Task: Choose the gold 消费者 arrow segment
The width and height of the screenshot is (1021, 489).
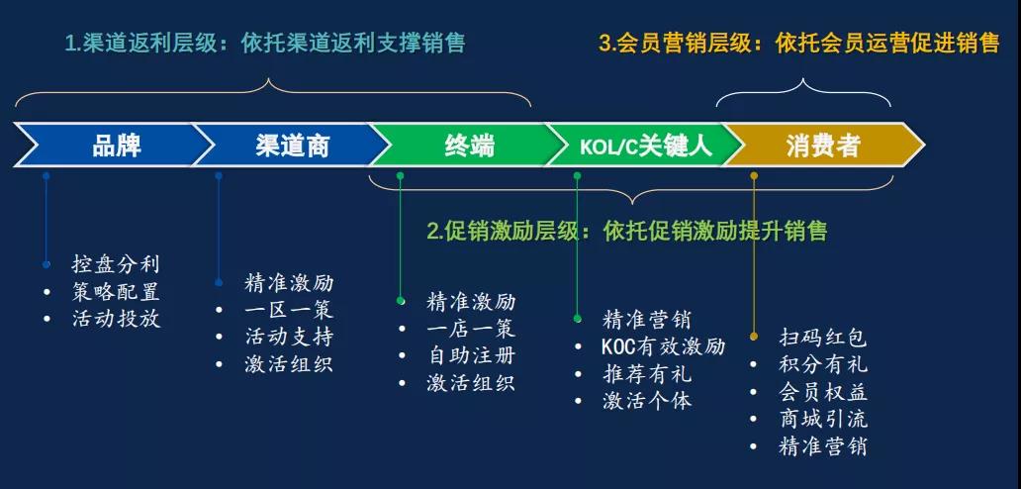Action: (824, 145)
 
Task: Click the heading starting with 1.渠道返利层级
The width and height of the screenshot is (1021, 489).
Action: (265, 43)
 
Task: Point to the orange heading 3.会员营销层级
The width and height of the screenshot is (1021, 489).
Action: (799, 43)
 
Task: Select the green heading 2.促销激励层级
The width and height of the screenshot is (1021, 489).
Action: (627, 231)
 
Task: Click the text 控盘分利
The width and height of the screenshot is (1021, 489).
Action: (115, 263)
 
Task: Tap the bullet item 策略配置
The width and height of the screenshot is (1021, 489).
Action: (115, 291)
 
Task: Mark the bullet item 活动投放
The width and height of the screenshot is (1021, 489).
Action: (115, 319)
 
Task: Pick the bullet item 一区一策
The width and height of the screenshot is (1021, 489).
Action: (289, 310)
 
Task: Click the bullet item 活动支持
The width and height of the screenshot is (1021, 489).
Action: (289, 337)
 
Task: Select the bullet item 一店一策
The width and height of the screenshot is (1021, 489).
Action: (471, 329)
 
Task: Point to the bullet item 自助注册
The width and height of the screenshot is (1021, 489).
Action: (471, 355)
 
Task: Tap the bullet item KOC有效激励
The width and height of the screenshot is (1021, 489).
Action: (664, 346)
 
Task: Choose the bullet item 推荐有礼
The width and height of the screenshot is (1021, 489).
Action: (647, 374)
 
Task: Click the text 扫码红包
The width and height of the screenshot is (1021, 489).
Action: (823, 338)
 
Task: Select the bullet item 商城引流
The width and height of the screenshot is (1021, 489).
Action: (823, 419)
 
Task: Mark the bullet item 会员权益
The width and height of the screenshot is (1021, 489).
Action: (823, 391)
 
